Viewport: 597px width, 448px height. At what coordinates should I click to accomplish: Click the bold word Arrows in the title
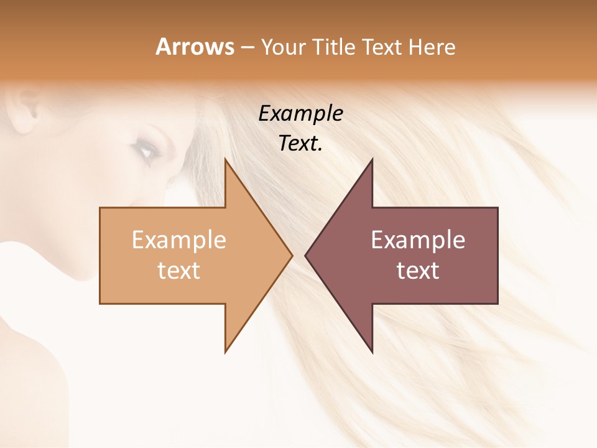(195, 47)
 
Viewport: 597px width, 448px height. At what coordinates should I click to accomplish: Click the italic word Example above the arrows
(300, 114)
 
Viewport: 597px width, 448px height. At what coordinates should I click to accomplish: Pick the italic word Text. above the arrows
(300, 144)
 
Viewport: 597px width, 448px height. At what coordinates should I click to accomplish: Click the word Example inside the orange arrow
(179, 240)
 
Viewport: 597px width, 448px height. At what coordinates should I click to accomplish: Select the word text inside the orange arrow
(179, 271)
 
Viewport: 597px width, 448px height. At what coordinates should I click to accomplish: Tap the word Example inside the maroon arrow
(418, 240)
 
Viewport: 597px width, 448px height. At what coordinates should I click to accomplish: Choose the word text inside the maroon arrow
(418, 271)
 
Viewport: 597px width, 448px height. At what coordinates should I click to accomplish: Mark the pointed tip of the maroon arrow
(306, 255)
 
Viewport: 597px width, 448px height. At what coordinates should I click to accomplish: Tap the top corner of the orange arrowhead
(226, 160)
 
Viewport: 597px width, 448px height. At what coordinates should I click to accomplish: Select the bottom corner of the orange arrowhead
(226, 352)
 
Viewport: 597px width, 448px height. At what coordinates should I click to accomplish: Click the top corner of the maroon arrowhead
(372, 160)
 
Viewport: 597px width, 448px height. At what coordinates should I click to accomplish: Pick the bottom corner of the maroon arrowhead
(372, 352)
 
